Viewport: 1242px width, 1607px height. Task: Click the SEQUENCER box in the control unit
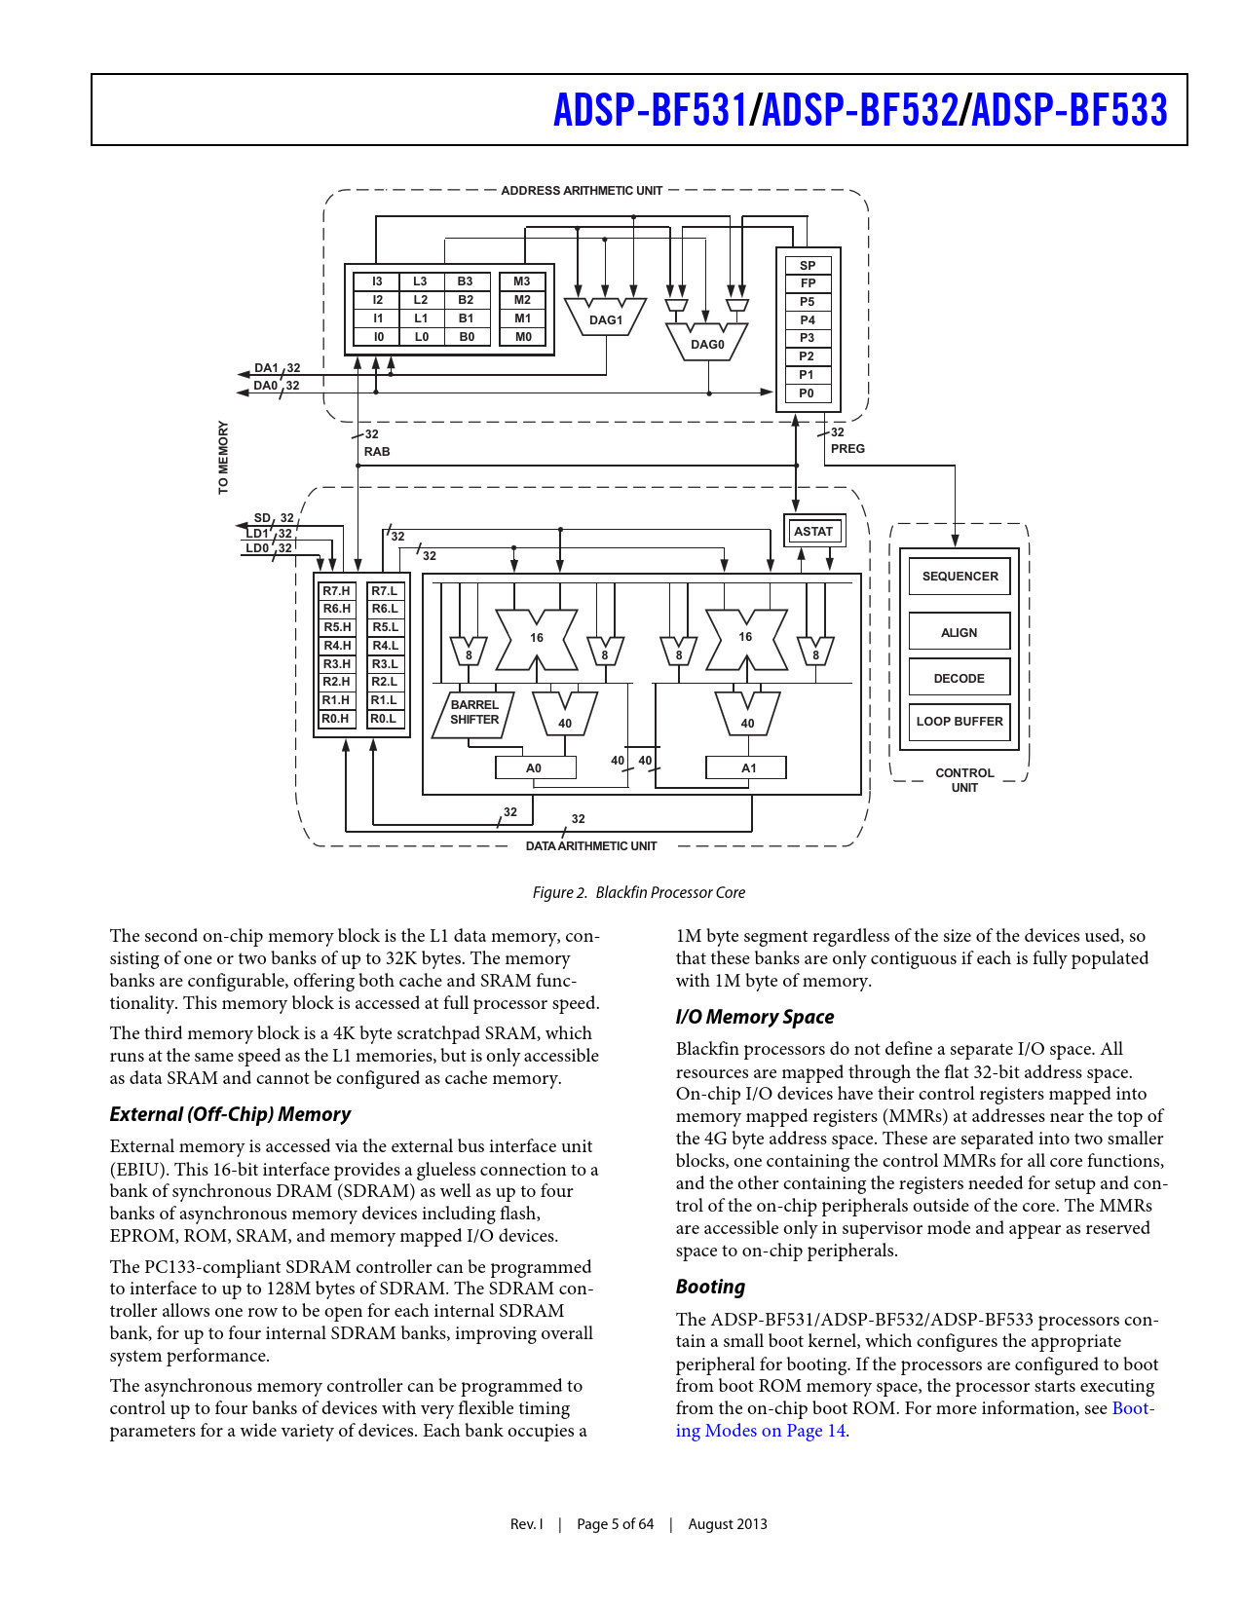pyautogui.click(x=960, y=577)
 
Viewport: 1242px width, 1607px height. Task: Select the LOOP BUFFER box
pyautogui.click(x=960, y=722)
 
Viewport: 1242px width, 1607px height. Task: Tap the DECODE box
pyautogui.click(x=960, y=679)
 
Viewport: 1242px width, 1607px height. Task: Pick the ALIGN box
pyautogui.click(x=960, y=632)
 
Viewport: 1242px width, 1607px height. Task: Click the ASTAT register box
pyautogui.click(x=813, y=531)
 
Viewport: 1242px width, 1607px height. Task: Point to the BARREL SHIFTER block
pyautogui.click(x=474, y=713)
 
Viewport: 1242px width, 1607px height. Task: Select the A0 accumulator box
pyautogui.click(x=535, y=768)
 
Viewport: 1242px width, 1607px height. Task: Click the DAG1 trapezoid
pyautogui.click(x=605, y=319)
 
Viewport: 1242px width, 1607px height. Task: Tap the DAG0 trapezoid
pyautogui.click(x=707, y=344)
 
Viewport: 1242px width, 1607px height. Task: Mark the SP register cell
pyautogui.click(x=808, y=265)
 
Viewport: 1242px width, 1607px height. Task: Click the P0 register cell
pyautogui.click(x=808, y=393)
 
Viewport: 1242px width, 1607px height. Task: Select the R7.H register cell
pyautogui.click(x=337, y=591)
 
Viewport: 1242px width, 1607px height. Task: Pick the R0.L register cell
pyautogui.click(x=385, y=719)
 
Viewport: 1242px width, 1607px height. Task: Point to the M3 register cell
pyautogui.click(x=523, y=281)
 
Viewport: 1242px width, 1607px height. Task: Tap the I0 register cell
pyautogui.click(x=378, y=337)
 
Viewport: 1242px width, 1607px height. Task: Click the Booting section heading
pyautogui.click(x=710, y=1287)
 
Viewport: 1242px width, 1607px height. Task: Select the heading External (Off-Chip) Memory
pyautogui.click(x=230, y=1114)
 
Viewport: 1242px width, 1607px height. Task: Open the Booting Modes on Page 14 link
pyautogui.click(x=760, y=1431)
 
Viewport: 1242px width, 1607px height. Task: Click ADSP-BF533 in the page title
pyautogui.click(x=1070, y=110)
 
